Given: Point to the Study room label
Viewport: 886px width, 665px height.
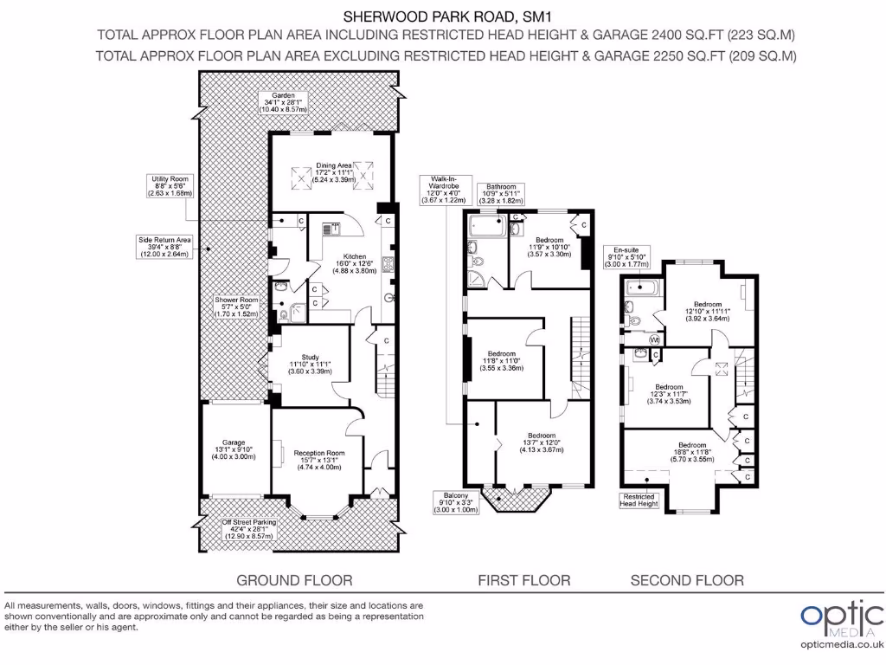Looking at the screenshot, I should point(311,365).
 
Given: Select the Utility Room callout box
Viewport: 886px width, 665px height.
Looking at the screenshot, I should point(169,184).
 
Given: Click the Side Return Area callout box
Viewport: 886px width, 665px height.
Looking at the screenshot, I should point(164,248).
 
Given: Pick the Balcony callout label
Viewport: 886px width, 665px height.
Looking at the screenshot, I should point(459,503).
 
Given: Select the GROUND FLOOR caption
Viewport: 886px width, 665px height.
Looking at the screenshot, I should point(294,580).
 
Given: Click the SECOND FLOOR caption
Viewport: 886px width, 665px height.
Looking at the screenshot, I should point(687,580).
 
